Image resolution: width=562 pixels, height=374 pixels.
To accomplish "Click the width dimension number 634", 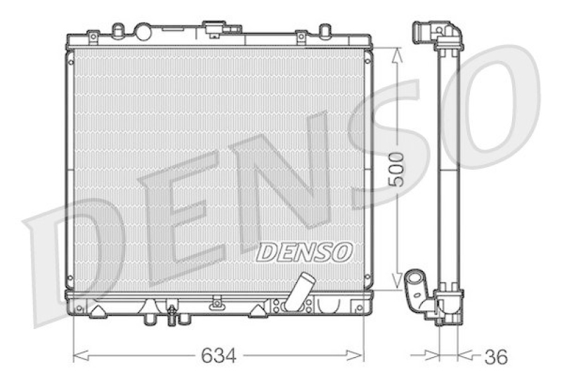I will (x=219, y=356).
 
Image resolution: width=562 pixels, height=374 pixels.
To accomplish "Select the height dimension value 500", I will (x=397, y=168).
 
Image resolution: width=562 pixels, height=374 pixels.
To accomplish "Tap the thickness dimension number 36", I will (x=495, y=356).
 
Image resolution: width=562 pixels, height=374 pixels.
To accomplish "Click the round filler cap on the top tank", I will (x=143, y=32).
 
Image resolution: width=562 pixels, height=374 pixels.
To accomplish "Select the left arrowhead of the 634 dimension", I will (x=77, y=356).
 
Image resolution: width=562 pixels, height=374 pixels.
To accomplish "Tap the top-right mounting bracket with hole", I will (x=301, y=34).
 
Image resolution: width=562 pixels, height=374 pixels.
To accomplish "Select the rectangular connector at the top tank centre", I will (x=213, y=29).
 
